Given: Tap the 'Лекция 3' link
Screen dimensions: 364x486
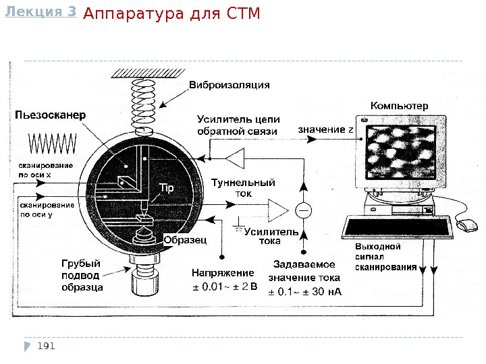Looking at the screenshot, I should (x=40, y=11).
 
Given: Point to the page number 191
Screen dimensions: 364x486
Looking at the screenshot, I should (x=46, y=346).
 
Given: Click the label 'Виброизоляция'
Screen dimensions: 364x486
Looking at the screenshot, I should (x=229, y=85).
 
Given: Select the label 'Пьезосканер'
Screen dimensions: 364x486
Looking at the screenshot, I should (x=51, y=115).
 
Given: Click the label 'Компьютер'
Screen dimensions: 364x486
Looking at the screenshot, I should (x=399, y=106).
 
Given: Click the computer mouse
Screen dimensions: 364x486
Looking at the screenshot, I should (x=466, y=225).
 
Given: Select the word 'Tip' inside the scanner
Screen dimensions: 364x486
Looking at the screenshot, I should (x=167, y=188).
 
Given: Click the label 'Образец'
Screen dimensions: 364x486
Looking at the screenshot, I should (x=184, y=240).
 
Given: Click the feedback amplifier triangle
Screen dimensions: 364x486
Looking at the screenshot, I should (x=236, y=158).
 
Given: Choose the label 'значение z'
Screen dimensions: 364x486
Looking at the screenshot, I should (x=326, y=129).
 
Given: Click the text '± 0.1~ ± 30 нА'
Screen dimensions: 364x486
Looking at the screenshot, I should (x=305, y=291).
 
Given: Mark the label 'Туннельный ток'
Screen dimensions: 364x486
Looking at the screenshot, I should (x=243, y=187).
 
